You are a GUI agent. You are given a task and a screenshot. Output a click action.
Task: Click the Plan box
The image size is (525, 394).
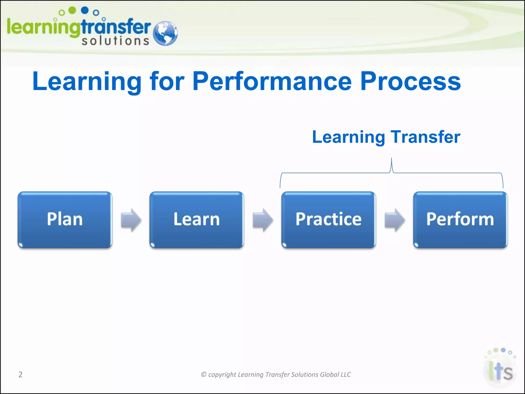(65, 220)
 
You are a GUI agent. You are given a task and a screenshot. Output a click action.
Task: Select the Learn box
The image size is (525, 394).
(197, 220)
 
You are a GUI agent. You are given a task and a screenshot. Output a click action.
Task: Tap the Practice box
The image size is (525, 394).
(328, 220)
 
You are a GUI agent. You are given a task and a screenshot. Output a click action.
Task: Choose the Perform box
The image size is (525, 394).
(460, 220)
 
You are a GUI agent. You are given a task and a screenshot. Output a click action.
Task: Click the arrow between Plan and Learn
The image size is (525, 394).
(131, 220)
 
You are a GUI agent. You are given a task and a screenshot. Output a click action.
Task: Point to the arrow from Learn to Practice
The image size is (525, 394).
(263, 220)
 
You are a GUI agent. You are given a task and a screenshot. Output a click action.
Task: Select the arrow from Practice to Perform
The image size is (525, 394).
(395, 220)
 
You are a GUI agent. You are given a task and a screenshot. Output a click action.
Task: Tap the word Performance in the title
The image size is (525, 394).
(272, 81)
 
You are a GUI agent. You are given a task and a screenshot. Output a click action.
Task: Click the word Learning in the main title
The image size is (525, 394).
(87, 81)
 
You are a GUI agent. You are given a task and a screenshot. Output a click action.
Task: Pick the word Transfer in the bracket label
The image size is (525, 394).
(425, 137)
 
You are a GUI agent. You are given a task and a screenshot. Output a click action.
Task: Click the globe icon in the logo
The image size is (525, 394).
(165, 33)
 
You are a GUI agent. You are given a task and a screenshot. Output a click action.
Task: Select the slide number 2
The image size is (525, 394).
(21, 375)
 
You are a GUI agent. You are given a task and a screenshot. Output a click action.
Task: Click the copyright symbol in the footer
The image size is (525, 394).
(204, 375)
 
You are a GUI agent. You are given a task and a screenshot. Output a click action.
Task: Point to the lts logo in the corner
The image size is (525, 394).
(500, 369)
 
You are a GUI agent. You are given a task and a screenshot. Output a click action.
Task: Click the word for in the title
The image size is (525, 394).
(167, 81)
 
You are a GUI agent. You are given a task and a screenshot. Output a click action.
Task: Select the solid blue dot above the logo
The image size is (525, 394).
(85, 10)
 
